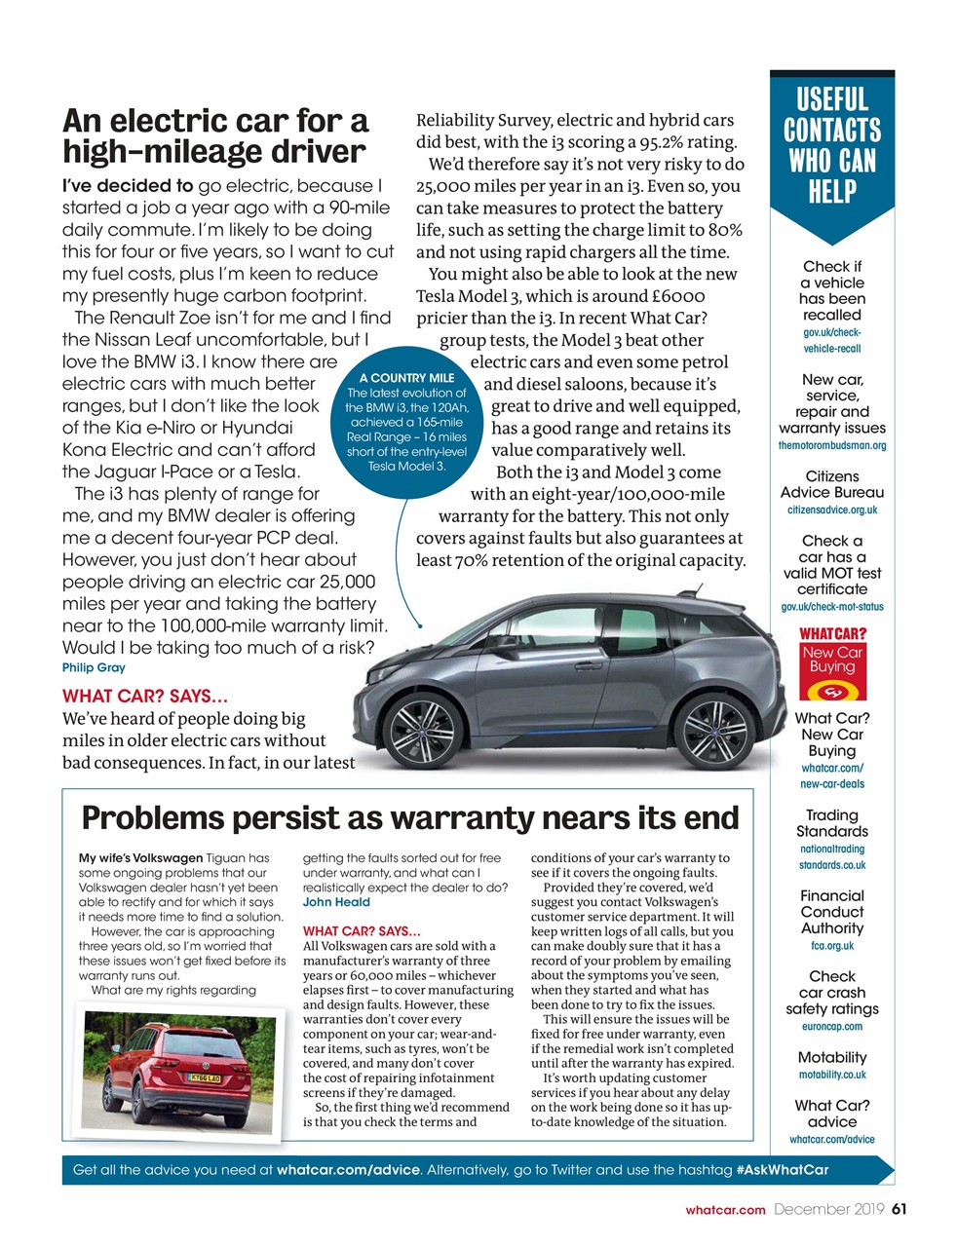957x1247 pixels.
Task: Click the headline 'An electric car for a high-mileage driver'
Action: (x=215, y=136)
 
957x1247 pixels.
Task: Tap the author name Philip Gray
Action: (x=94, y=668)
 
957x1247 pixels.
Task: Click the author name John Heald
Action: (x=336, y=902)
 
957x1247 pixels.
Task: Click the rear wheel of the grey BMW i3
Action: (x=713, y=731)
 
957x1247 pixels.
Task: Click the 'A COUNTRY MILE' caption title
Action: (x=406, y=378)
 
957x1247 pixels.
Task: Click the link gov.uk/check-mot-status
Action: (x=832, y=607)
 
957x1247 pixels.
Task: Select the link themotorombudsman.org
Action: (x=832, y=445)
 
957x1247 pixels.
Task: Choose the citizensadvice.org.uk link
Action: (x=832, y=510)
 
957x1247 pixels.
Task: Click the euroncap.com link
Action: (x=831, y=1026)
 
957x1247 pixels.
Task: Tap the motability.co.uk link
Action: (x=831, y=1075)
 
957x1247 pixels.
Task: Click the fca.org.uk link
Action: (x=831, y=945)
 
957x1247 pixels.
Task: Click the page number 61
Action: (x=899, y=1210)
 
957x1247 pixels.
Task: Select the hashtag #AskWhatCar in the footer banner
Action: (x=782, y=1170)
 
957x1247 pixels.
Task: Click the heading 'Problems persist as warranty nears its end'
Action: (x=410, y=817)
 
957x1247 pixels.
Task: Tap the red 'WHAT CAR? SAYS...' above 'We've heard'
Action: (x=145, y=697)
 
